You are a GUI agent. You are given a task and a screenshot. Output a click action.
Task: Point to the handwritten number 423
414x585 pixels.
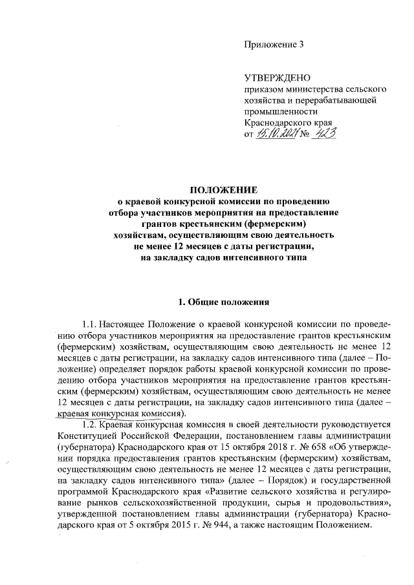327,133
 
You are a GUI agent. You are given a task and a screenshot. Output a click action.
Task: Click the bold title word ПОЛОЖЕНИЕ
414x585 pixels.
223,190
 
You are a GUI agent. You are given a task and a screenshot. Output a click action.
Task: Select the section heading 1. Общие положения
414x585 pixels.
223,302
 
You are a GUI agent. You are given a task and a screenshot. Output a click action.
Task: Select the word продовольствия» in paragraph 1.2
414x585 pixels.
348,502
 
